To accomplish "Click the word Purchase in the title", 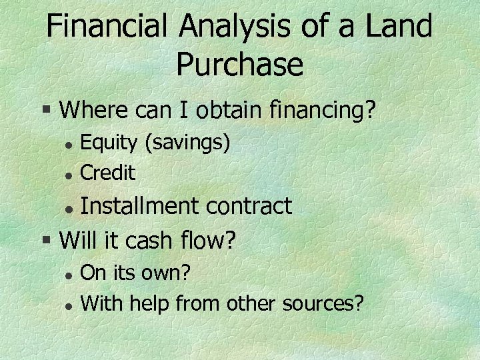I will click(x=240, y=65).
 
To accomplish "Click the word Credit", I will click(x=108, y=173).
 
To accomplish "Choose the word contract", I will click(x=249, y=206).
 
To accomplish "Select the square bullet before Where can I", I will click(x=46, y=109).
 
